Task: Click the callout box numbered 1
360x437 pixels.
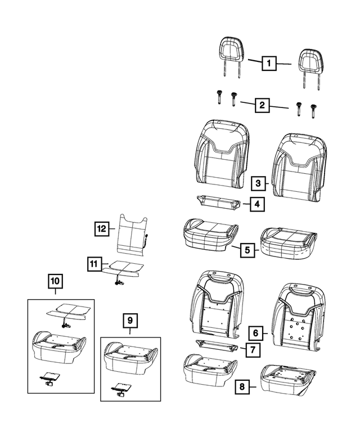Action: click(269, 64)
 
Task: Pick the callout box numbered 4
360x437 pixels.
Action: click(256, 205)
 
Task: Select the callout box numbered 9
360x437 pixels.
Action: click(130, 321)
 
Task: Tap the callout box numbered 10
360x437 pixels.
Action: click(56, 280)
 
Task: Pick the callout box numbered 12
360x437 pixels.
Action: click(101, 228)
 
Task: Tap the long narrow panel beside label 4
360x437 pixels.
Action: click(217, 201)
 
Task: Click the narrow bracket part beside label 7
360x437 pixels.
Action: click(216, 345)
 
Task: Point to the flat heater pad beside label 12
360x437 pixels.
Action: click(130, 235)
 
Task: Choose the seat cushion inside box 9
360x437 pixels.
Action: click(130, 354)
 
